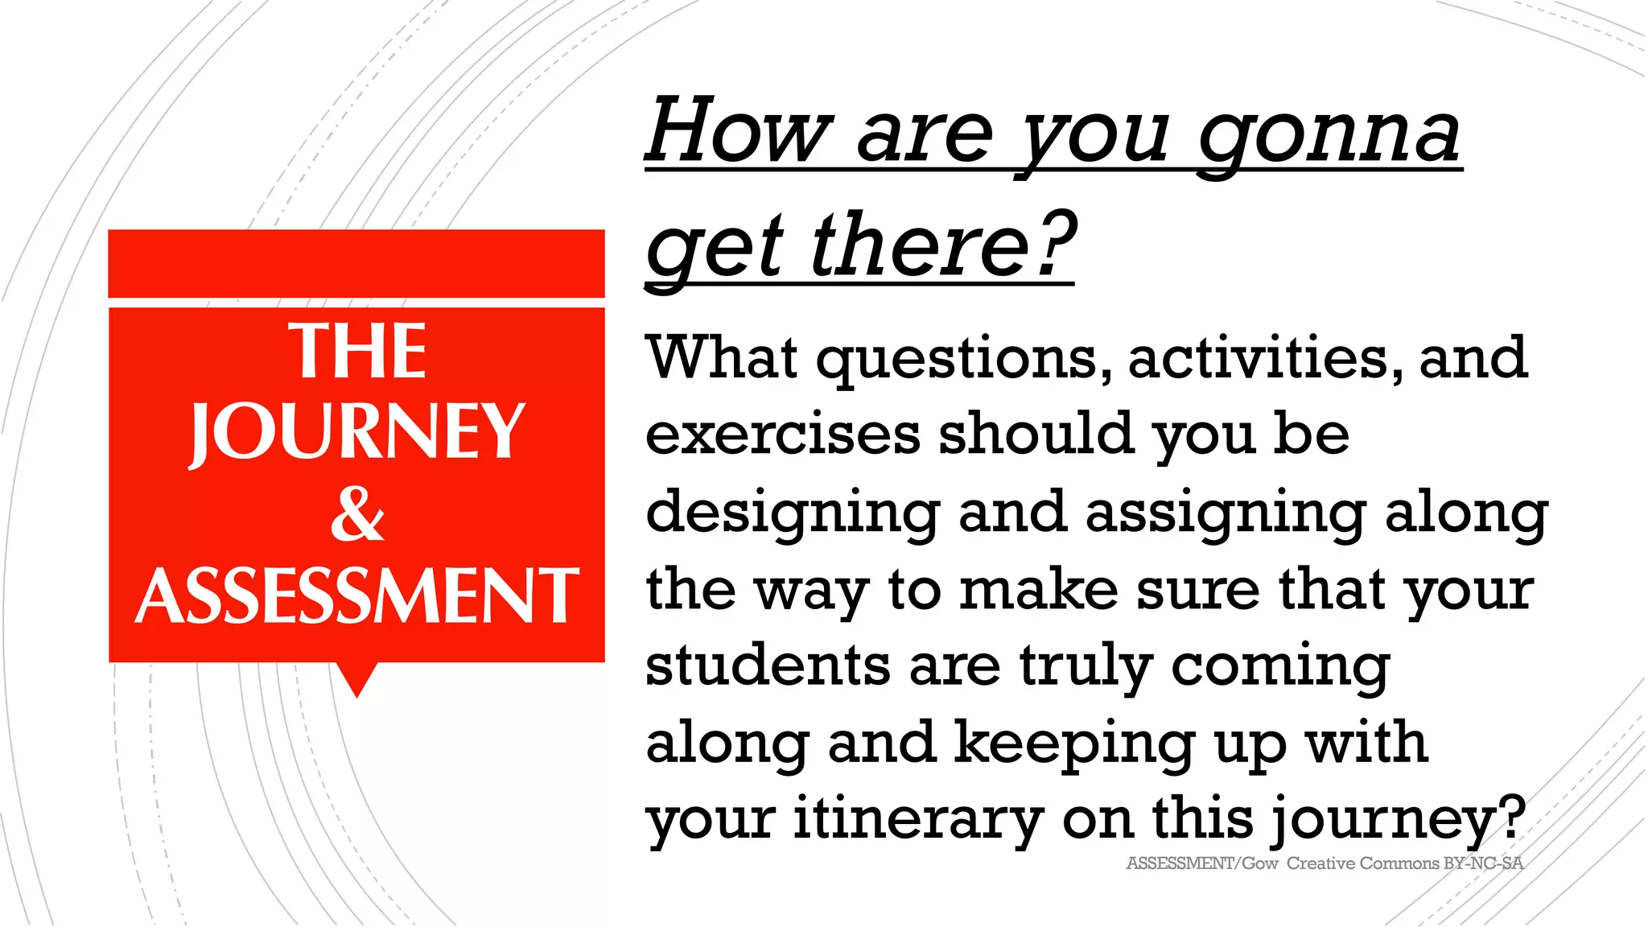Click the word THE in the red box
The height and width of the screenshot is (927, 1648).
[x=357, y=352]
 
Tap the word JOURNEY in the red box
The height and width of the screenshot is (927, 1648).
[x=357, y=432]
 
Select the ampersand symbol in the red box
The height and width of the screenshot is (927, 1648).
[x=357, y=515]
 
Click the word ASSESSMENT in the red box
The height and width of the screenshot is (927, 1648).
[x=357, y=596]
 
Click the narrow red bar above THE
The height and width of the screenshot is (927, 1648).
[x=356, y=263]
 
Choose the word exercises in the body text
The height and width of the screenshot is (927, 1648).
[x=782, y=434]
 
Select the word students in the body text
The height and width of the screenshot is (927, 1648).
[x=767, y=666]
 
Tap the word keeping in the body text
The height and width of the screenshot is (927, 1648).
[x=1074, y=744]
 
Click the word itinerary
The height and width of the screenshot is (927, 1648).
[x=918, y=819]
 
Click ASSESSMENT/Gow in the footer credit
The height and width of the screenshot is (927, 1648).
[x=1201, y=863]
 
